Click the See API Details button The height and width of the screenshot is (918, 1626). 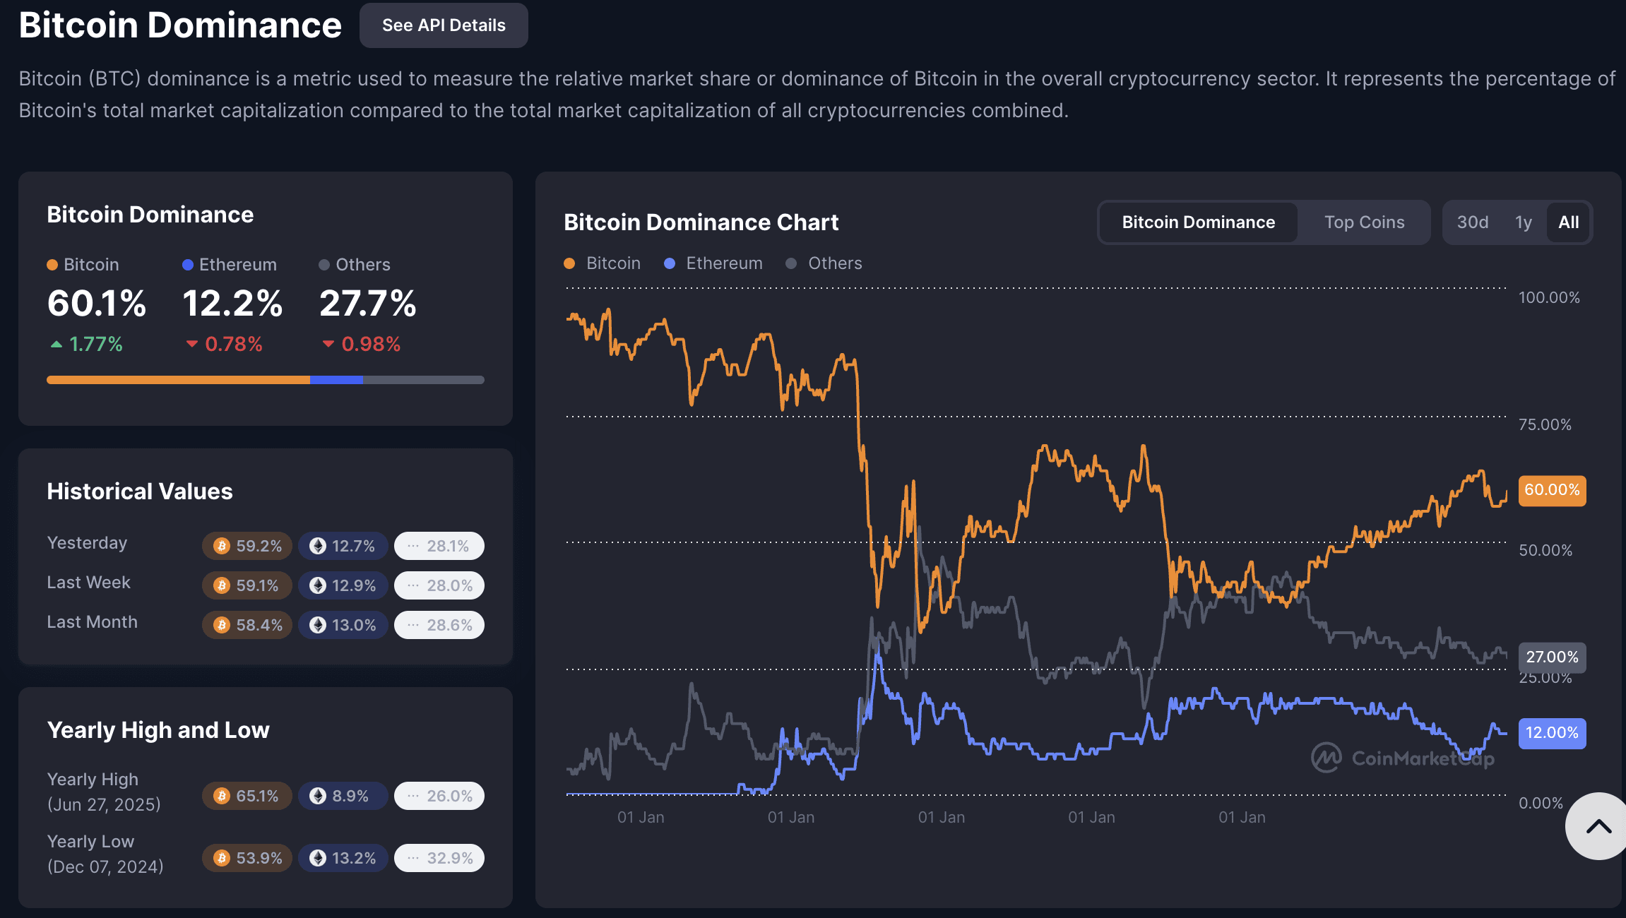pyautogui.click(x=444, y=25)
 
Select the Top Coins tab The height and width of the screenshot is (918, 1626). pyautogui.click(x=1364, y=222)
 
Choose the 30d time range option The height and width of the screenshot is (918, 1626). pyautogui.click(x=1473, y=222)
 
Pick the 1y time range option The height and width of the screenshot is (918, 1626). pyautogui.click(x=1524, y=222)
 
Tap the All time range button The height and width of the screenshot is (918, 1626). pyautogui.click(x=1568, y=222)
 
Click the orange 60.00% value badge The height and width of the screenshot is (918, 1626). pyautogui.click(x=1552, y=490)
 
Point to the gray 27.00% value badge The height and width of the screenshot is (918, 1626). pyautogui.click(x=1552, y=657)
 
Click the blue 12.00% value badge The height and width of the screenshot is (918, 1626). pyautogui.click(x=1552, y=733)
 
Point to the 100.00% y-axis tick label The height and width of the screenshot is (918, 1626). pyautogui.click(x=1549, y=297)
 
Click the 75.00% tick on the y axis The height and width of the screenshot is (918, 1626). pyautogui.click(x=1545, y=424)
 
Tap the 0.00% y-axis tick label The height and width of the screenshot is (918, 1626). pyautogui.click(x=1541, y=803)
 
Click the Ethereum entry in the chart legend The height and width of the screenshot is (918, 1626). pyautogui.click(x=714, y=263)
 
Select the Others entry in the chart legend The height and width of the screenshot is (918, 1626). pyautogui.click(x=824, y=263)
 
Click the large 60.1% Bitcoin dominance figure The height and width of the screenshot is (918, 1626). pyautogui.click(x=97, y=304)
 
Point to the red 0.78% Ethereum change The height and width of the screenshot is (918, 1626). pyautogui.click(x=225, y=345)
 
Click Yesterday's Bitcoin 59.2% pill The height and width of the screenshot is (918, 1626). pyautogui.click(x=247, y=546)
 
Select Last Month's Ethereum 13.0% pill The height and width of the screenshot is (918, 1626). pyautogui.click(x=343, y=625)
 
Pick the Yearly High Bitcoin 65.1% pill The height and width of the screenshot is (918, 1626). pyautogui.click(x=247, y=796)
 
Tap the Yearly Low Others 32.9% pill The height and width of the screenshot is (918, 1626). pyautogui.click(x=439, y=858)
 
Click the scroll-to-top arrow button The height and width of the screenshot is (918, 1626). pyautogui.click(x=1598, y=826)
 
